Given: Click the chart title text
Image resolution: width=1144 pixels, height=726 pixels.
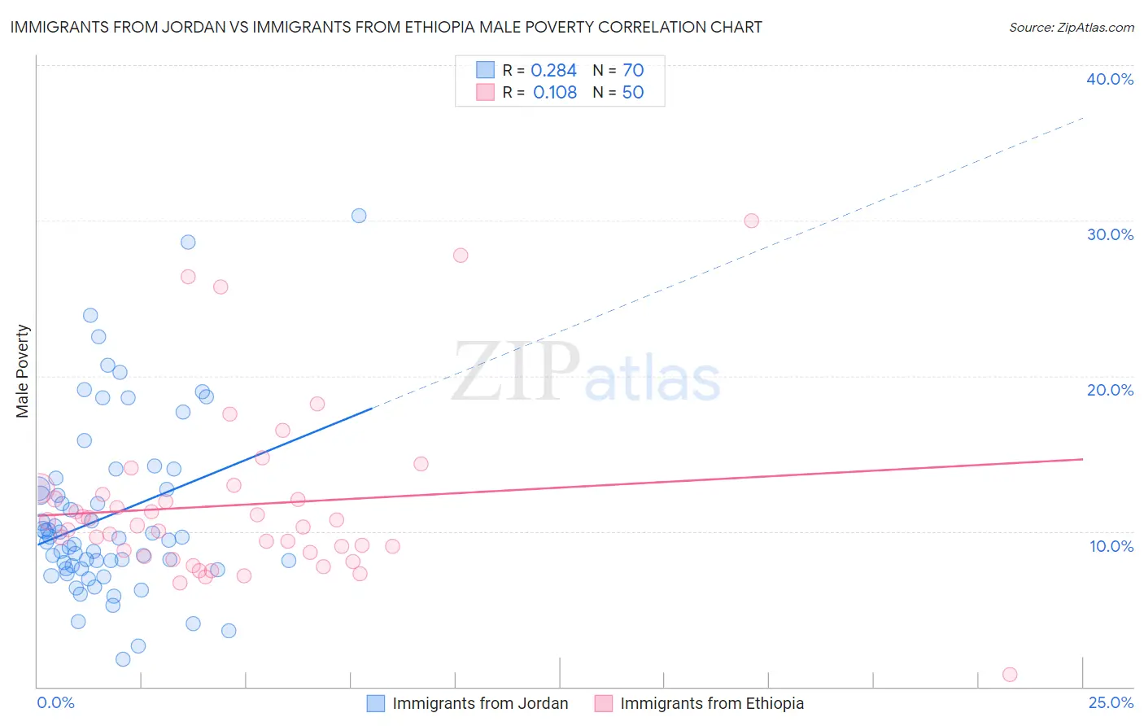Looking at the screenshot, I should (386, 27).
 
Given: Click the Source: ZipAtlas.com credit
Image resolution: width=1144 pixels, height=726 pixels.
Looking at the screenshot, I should (1071, 27).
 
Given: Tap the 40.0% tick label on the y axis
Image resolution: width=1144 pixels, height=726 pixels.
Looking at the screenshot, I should (1110, 79).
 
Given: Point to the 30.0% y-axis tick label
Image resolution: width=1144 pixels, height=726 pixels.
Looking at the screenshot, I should (1110, 234).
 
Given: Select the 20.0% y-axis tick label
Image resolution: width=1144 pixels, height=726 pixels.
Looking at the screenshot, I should (1110, 390).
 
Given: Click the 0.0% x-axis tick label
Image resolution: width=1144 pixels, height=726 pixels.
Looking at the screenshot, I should (55, 702).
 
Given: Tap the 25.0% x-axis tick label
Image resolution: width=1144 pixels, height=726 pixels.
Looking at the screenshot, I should (1111, 702).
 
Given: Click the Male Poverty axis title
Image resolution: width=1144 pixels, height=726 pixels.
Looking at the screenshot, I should (23, 371).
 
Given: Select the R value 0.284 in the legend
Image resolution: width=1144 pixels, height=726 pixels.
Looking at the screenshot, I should (553, 71).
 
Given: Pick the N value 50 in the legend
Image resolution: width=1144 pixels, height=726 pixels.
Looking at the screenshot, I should (632, 93).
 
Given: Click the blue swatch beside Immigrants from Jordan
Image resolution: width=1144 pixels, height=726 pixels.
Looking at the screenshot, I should (375, 703).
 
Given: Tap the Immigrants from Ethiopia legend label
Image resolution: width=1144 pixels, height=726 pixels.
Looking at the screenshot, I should (712, 703).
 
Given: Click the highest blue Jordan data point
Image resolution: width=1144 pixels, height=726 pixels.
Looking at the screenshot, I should (359, 216).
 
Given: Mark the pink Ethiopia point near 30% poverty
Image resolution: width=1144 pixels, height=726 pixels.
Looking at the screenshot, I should (752, 221).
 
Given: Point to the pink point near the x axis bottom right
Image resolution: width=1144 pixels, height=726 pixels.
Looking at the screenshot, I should (1010, 674).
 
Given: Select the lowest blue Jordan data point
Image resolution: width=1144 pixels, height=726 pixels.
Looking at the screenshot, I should (123, 659).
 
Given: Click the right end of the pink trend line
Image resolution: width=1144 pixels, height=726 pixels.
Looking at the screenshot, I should (1082, 459).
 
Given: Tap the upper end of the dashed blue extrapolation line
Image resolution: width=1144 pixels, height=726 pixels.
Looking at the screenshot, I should (1082, 119).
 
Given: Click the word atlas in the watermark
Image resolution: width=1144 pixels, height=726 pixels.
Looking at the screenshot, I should (653, 379).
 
